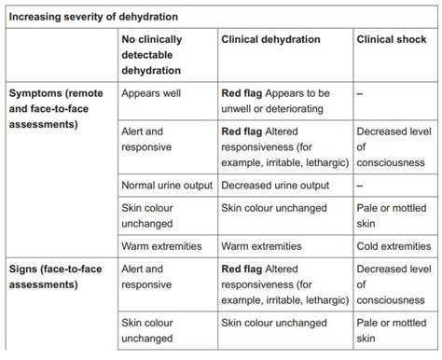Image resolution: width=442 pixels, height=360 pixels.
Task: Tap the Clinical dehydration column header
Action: [269, 40]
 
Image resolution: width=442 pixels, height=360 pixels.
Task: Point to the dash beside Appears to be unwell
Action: [360, 93]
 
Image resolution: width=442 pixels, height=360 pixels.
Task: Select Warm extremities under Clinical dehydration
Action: [261, 246]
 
